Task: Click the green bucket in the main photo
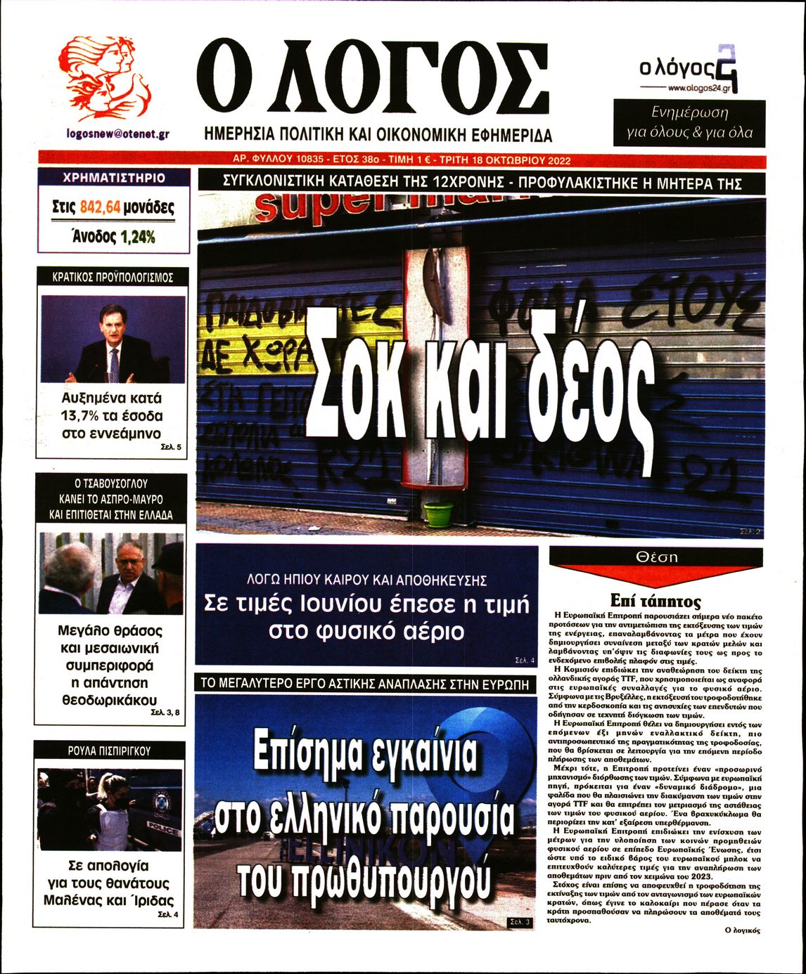click(439, 514)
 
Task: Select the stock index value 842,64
click(101, 207)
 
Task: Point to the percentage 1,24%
click(137, 237)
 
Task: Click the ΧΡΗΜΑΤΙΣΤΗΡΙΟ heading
click(114, 178)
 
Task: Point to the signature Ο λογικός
click(743, 929)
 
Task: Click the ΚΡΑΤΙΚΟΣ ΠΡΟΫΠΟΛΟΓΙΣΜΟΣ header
click(113, 278)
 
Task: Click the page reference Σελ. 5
click(169, 447)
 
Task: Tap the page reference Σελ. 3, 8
click(165, 712)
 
